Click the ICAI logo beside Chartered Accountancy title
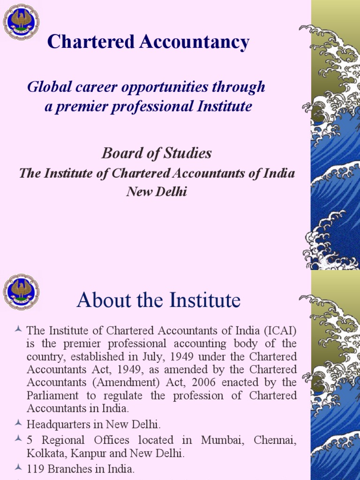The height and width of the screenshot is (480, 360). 21,22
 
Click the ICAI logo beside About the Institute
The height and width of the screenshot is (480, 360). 21,292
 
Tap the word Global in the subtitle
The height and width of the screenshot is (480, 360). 45,87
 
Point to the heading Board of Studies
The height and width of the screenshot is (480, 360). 157,153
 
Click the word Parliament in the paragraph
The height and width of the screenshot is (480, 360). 53,395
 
